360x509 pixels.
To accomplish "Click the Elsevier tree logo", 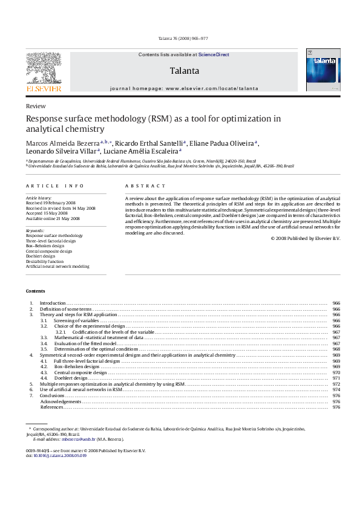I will [43, 72].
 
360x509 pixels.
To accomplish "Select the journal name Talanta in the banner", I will [184, 71].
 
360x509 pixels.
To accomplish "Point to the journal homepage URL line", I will [184, 88].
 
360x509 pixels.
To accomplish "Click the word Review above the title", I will [36, 106].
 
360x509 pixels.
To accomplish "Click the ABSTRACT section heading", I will [145, 186].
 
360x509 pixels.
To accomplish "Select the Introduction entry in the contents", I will [52, 302].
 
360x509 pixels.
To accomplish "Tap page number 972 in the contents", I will [336, 384].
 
